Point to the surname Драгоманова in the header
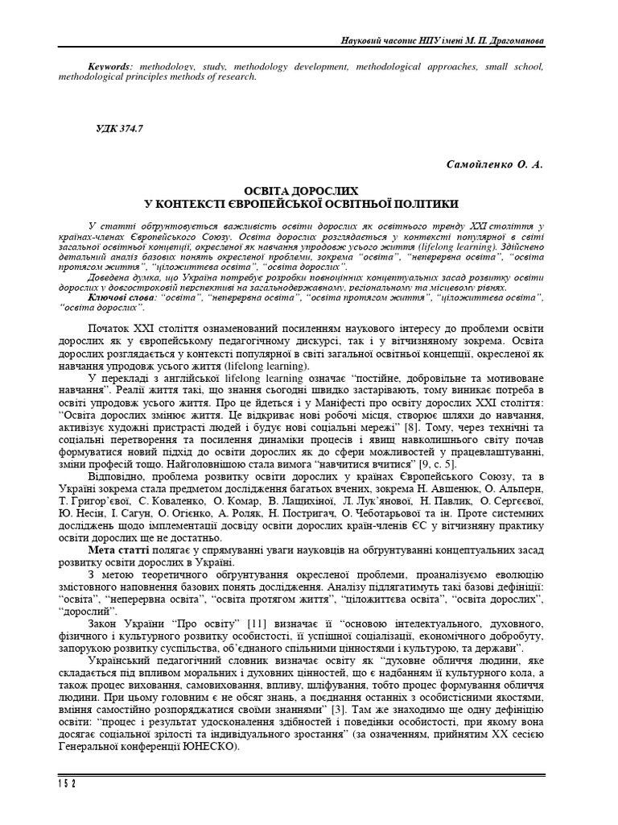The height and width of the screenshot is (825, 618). coord(510,40)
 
